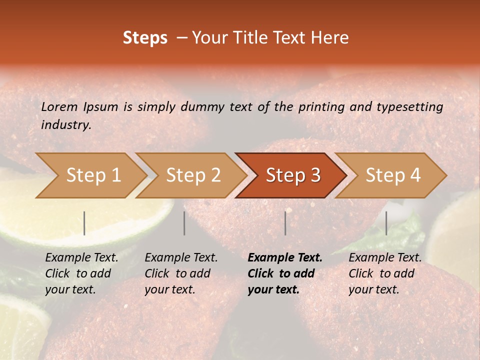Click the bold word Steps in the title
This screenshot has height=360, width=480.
pyautogui.click(x=145, y=38)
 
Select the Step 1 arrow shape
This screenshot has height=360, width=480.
pyautogui.click(x=90, y=175)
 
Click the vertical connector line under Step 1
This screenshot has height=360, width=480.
pyautogui.click(x=84, y=223)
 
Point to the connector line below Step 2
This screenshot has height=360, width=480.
pyautogui.click(x=184, y=223)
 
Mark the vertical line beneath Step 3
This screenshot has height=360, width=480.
pyautogui.click(x=285, y=223)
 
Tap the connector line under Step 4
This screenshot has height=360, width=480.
pyautogui.click(x=386, y=223)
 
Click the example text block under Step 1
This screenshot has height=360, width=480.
pyautogui.click(x=81, y=273)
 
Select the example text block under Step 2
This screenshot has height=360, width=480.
pyautogui.click(x=181, y=273)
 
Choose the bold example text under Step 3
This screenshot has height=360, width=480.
pyautogui.click(x=284, y=273)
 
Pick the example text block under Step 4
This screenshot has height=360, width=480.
pyautogui.click(x=385, y=273)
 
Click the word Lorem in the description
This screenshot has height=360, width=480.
pyautogui.click(x=59, y=106)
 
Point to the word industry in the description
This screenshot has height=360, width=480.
pyautogui.click(x=66, y=125)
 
